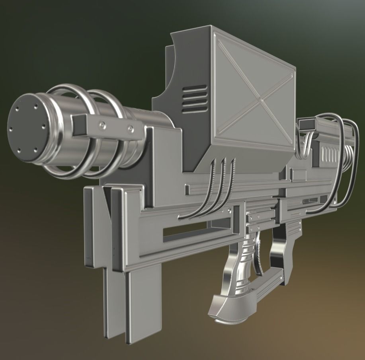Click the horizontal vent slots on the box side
coord(195,98)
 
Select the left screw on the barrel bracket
coord(103,125)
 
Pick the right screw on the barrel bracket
coord(130,128)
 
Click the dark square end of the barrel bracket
coord(79,125)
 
